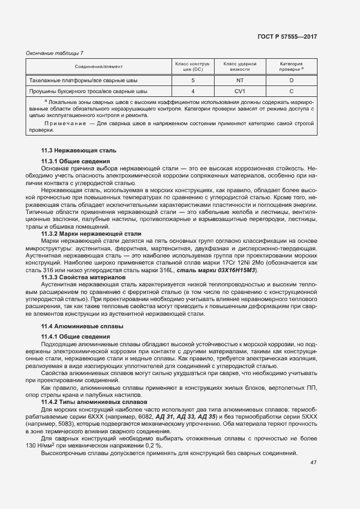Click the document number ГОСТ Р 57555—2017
pos(287,36)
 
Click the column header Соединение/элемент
pos(99,66)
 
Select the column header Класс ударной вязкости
pos(240,66)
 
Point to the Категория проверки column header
pos(291,66)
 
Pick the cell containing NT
pos(240,81)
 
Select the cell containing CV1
pos(240,91)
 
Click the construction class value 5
pos(193,81)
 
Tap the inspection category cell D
pos(291,81)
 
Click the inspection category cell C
pos(291,91)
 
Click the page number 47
pos(313,463)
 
